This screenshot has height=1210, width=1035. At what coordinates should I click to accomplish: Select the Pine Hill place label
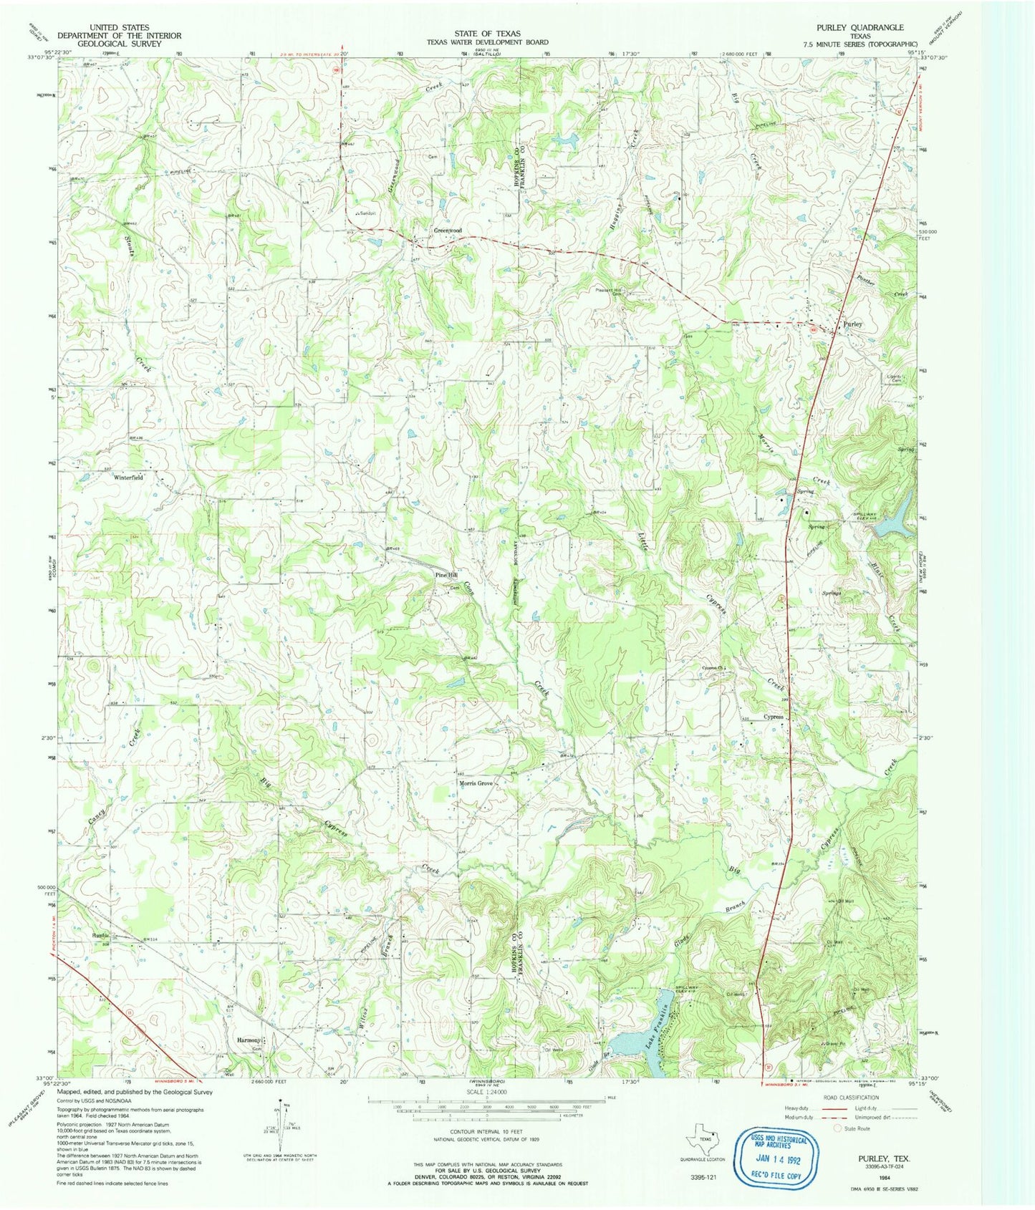click(x=446, y=576)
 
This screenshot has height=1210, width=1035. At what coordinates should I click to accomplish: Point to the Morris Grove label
click(x=476, y=783)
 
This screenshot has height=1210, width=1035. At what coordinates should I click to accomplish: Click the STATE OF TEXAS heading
click(x=487, y=34)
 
